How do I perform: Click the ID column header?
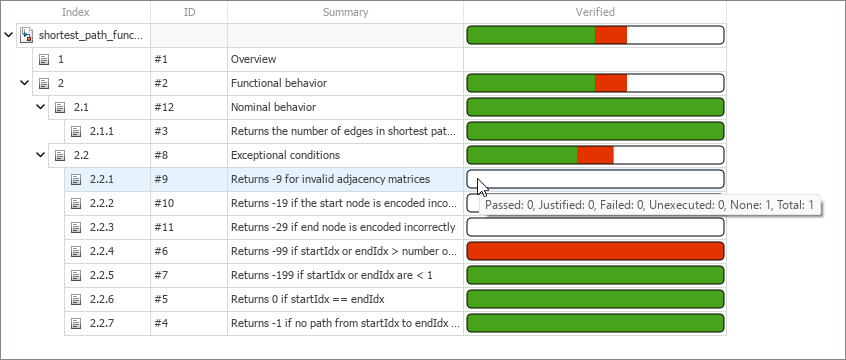[190, 12]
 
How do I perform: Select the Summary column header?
[345, 12]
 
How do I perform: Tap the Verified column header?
[595, 12]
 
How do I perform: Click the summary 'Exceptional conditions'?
[285, 155]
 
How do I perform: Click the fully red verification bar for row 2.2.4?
[595, 251]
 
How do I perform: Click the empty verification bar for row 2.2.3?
[595, 227]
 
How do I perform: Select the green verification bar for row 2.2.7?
[595, 323]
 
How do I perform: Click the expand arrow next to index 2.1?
[41, 107]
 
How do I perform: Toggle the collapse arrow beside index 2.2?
[41, 155]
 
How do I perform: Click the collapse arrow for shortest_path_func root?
[9, 35]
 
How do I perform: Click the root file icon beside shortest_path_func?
[27, 35]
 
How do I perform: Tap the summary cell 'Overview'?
[254, 59]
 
